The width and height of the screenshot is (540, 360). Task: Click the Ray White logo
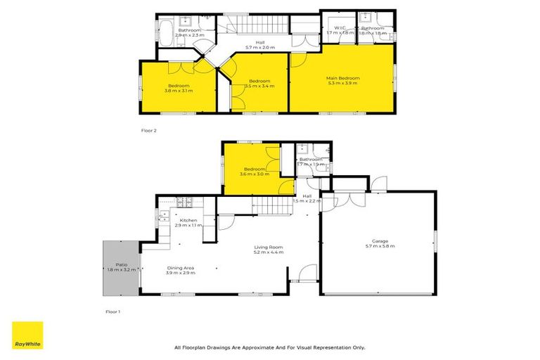click(x=27, y=335)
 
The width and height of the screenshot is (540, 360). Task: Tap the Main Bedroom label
click(x=342, y=78)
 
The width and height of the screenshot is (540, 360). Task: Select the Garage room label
click(x=380, y=241)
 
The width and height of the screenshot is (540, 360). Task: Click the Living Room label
click(x=269, y=247)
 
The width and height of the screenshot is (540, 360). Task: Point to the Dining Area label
click(x=181, y=267)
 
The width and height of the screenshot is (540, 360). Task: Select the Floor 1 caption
click(x=113, y=311)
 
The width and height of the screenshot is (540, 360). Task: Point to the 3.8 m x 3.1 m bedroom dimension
click(x=179, y=91)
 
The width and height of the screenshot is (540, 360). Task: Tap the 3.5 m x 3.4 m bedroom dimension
click(x=259, y=86)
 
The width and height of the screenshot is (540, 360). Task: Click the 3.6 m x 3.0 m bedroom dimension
click(x=254, y=174)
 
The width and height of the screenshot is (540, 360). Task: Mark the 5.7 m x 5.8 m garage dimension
click(x=380, y=246)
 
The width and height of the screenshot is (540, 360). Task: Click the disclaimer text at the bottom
click(x=269, y=347)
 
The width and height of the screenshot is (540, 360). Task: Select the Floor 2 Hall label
click(x=260, y=42)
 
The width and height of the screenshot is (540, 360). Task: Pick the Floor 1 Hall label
click(x=307, y=196)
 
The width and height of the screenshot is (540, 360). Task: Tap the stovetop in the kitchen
click(x=184, y=202)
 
